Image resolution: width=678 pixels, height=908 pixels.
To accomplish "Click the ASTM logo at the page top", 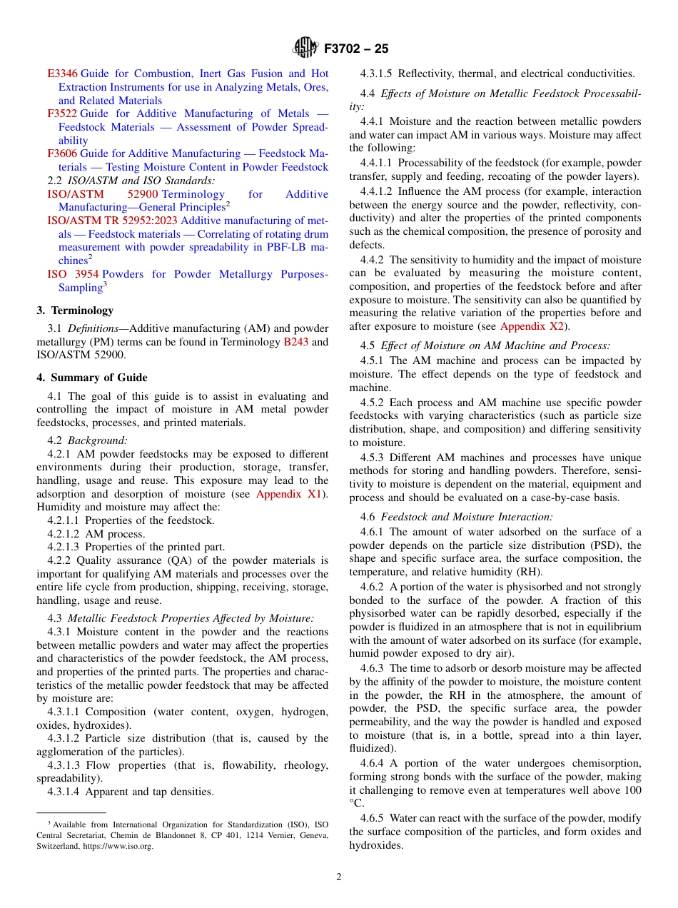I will tap(305, 49).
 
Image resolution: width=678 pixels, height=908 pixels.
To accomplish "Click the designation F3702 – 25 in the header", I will tap(356, 49).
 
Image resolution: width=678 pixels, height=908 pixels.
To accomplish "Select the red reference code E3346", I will tap(62, 74).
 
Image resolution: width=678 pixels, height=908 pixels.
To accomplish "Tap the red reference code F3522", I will tap(62, 113).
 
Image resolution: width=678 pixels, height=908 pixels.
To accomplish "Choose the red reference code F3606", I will tap(62, 153).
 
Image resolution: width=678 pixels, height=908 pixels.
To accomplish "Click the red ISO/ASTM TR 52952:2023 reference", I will tap(112, 221).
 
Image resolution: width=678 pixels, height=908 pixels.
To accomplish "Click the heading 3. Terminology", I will tap(75, 311).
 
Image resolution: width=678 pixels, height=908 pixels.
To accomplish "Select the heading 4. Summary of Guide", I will tap(92, 378).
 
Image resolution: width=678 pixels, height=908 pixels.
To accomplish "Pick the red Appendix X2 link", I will tap(532, 326).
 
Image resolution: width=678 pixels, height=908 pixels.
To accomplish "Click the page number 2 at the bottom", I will tap(339, 877).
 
